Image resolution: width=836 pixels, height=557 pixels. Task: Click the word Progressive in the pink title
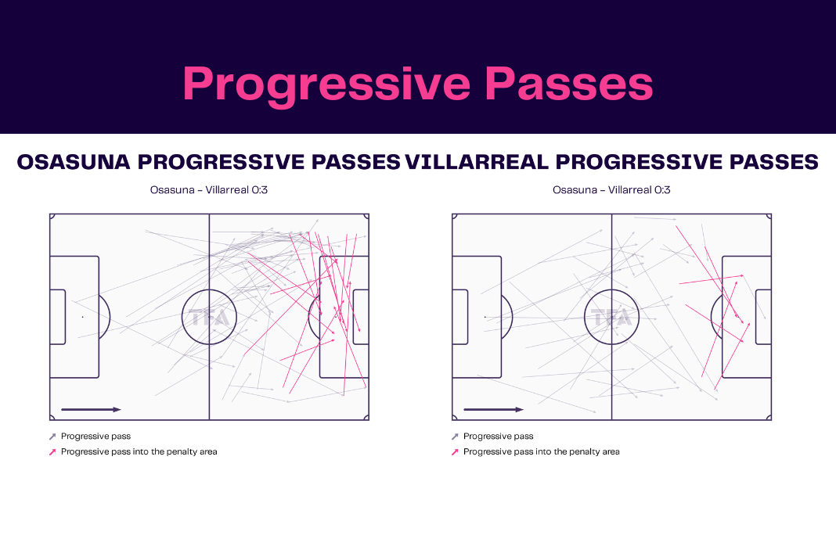(326, 85)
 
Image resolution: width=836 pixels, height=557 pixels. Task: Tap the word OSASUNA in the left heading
(74, 162)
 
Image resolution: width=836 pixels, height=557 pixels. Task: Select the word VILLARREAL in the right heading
(477, 162)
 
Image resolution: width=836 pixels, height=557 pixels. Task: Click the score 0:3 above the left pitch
(260, 190)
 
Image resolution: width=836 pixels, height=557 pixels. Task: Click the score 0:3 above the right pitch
(662, 190)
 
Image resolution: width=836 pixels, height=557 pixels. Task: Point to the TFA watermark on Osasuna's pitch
(210, 318)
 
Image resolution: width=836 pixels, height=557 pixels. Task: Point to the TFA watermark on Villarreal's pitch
(612, 318)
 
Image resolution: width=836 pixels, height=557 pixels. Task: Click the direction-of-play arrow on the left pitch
(91, 409)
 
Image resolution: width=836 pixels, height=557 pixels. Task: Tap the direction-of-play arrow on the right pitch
(494, 409)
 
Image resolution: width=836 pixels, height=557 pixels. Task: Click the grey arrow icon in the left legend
(52, 437)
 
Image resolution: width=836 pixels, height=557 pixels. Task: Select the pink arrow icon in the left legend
(52, 452)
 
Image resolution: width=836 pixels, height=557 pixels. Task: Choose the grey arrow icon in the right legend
(455, 437)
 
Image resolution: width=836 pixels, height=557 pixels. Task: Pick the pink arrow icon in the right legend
(455, 452)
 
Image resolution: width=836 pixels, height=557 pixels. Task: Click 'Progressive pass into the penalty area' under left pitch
(139, 452)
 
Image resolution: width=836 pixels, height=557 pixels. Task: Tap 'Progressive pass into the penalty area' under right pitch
(542, 452)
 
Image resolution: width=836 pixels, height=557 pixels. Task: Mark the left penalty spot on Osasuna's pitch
(83, 317)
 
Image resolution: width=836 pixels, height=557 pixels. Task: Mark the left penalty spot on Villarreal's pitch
(485, 317)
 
